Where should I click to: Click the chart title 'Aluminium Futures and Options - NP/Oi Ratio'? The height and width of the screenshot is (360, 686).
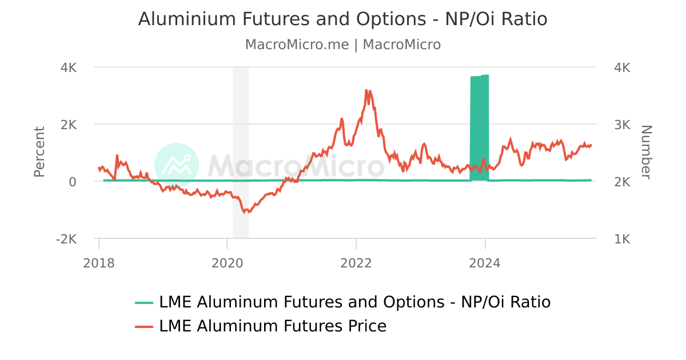(343, 19)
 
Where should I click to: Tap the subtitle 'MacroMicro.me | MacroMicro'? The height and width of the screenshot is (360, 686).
(343, 45)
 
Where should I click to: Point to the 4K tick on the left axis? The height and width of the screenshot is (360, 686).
(69, 67)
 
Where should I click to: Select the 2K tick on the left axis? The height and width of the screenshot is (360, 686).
(69, 125)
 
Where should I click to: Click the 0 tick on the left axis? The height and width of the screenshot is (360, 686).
(73, 182)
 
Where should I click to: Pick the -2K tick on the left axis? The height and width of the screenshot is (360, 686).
(66, 239)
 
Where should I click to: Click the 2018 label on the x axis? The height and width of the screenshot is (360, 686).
(98, 263)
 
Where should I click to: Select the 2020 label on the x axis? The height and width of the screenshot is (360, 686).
(228, 263)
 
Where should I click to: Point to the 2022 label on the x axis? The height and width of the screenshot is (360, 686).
(356, 263)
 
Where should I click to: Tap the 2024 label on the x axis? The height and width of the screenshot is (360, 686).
(485, 263)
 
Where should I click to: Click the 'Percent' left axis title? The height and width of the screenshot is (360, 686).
(39, 152)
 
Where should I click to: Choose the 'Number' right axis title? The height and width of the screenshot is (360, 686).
(646, 152)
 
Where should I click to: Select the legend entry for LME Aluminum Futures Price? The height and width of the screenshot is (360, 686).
(273, 326)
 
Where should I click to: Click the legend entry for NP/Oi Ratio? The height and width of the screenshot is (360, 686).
(354, 302)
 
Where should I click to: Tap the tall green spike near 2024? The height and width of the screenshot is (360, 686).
(479, 126)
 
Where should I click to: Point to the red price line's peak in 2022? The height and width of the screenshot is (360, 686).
(366, 90)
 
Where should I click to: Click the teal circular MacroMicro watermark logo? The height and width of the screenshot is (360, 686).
(177, 165)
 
